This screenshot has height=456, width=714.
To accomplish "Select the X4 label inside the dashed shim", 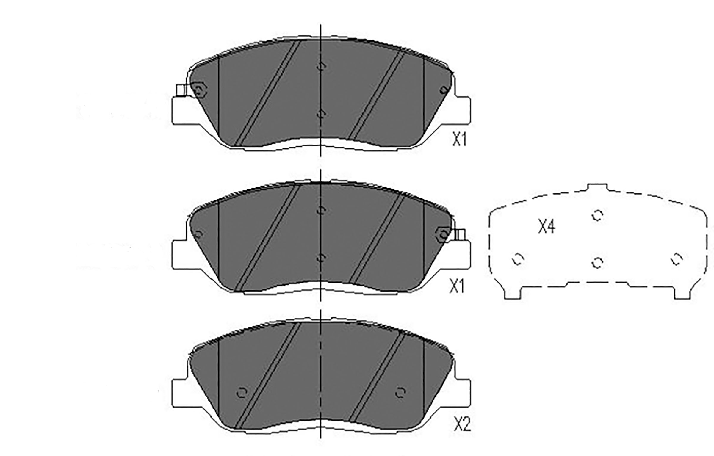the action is click(x=547, y=227).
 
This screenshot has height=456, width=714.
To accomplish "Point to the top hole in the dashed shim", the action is click(x=597, y=215).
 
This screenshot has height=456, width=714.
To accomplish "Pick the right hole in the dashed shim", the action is click(x=677, y=259).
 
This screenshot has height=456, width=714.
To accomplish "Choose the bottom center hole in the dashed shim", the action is click(x=597, y=262).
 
